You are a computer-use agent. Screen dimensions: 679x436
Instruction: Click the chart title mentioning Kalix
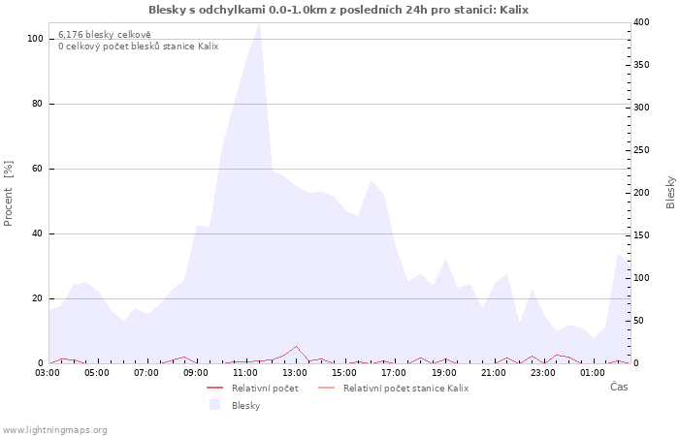click(339, 10)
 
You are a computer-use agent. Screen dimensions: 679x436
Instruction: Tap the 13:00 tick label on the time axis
click(295, 373)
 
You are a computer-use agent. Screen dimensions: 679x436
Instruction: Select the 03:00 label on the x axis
click(48, 373)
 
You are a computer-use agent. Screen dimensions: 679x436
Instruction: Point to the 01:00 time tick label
click(593, 373)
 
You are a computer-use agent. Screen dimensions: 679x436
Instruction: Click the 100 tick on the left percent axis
click(35, 39)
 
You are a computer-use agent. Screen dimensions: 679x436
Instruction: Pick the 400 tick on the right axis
click(641, 22)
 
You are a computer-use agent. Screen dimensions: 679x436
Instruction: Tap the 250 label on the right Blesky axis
click(641, 150)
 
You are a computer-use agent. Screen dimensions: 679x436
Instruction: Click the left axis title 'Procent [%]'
click(8, 194)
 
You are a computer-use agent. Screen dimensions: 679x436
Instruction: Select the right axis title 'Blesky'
click(670, 193)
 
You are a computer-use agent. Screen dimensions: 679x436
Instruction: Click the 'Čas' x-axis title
click(619, 387)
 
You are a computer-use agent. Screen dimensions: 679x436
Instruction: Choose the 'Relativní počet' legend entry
click(252, 389)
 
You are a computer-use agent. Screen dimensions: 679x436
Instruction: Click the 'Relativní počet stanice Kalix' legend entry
click(393, 389)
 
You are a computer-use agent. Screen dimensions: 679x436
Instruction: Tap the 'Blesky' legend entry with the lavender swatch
click(235, 405)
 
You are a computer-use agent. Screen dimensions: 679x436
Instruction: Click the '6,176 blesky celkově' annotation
click(105, 35)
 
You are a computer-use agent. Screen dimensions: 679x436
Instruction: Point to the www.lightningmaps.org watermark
click(53, 430)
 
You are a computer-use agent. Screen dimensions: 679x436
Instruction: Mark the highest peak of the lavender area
click(259, 23)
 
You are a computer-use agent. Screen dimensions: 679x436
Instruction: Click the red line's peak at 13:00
click(296, 346)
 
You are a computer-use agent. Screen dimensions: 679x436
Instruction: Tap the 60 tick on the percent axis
click(37, 169)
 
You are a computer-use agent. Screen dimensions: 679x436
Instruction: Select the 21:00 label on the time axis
click(493, 373)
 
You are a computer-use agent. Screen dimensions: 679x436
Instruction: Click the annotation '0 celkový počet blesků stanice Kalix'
click(138, 47)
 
